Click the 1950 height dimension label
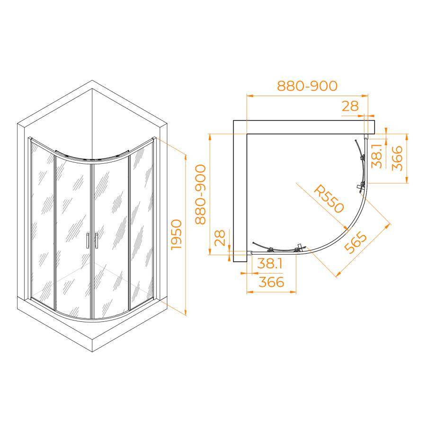tap(177, 235)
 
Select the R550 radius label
tap(329, 199)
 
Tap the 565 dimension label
tap(355, 242)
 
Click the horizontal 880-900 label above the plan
tap(307, 86)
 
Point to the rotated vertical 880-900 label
tap(201, 194)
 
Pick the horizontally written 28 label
tap(350, 106)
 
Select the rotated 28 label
tap(220, 238)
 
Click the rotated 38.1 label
tap(377, 156)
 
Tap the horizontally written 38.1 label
tap(270, 263)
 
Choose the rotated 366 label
tap(397, 158)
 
